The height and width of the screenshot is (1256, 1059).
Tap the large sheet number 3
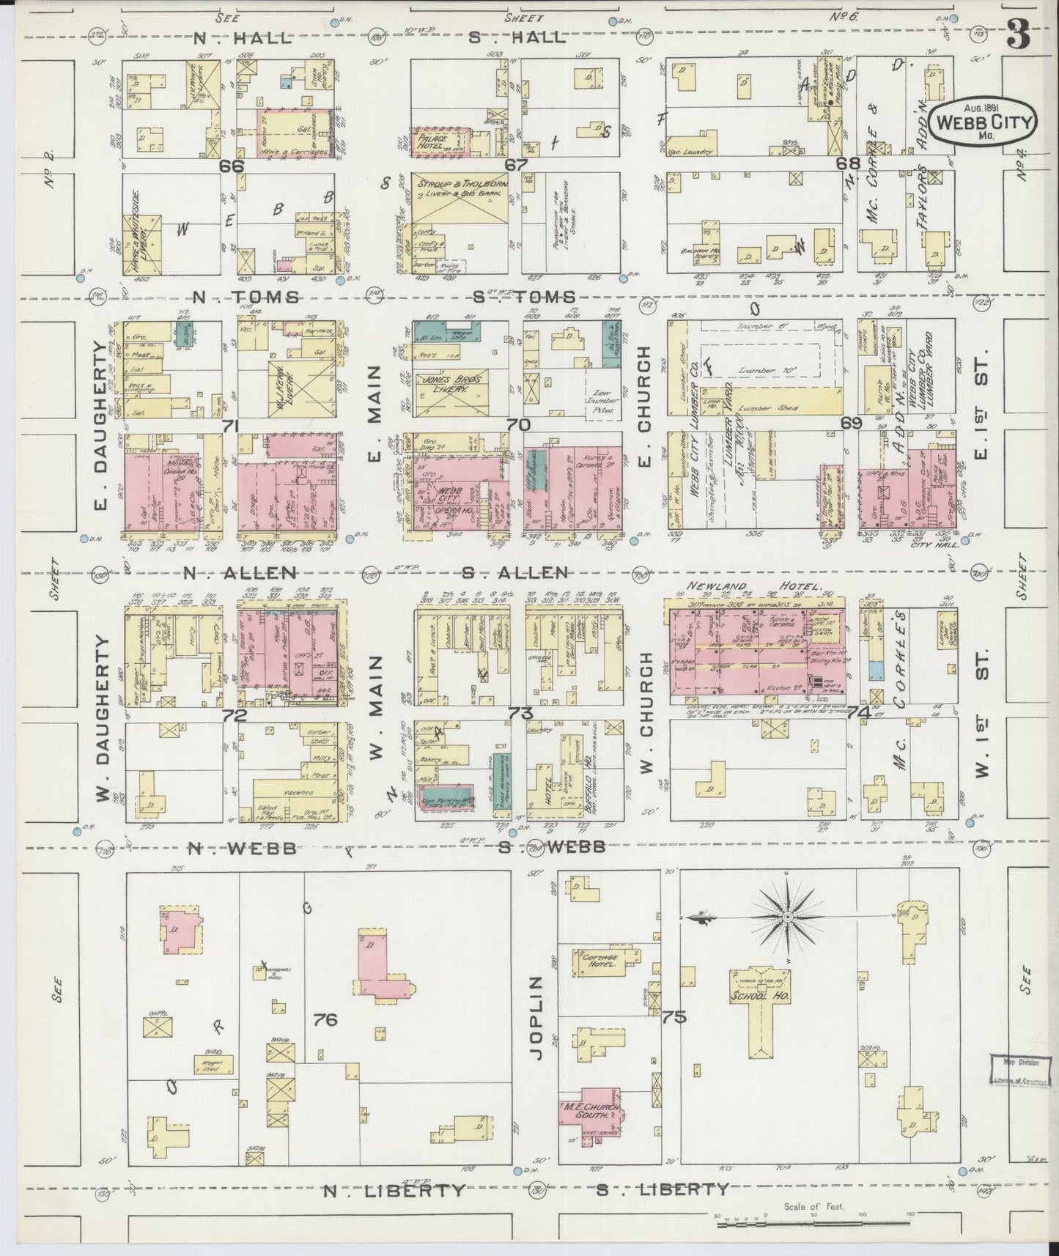point(1018,33)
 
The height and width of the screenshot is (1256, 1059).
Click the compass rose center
point(786,917)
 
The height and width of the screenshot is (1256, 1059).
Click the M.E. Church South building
point(591,1111)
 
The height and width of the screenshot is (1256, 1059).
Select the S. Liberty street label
point(662,1189)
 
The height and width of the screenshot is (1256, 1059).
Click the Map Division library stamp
point(1019,1071)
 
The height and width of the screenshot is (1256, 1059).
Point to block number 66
point(232,166)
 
